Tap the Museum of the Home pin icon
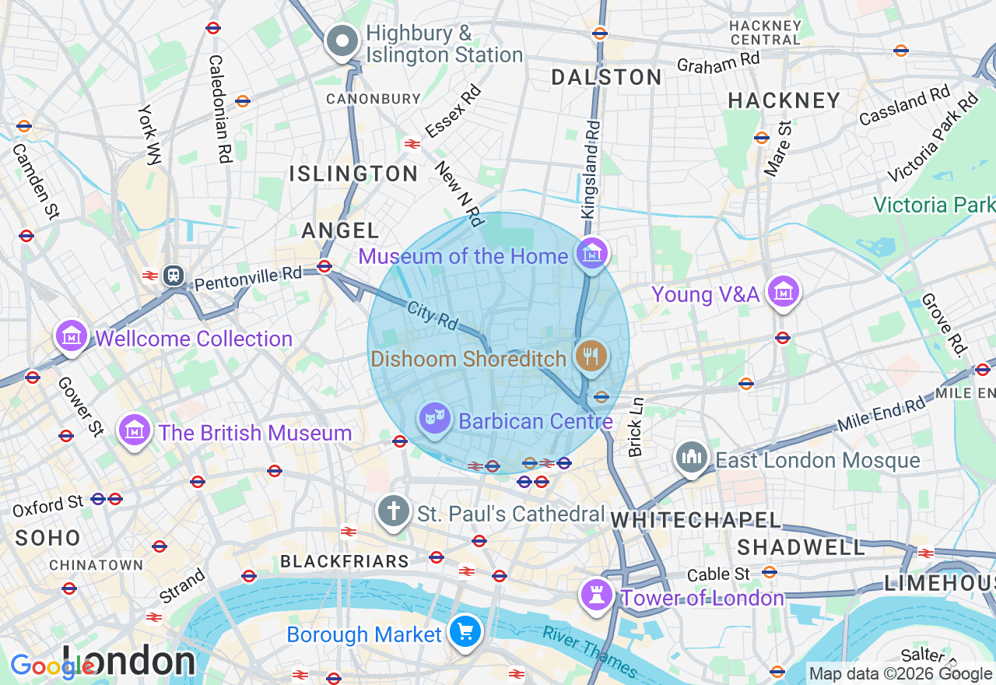click(x=592, y=254)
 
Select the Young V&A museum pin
click(x=783, y=293)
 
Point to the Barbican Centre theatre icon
click(x=434, y=420)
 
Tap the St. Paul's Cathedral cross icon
click(x=394, y=512)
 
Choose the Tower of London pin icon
click(x=597, y=595)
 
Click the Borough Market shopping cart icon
click(x=465, y=632)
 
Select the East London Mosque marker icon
click(x=691, y=458)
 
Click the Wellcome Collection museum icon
click(x=71, y=337)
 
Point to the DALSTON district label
click(x=607, y=77)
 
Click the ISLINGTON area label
click(x=354, y=174)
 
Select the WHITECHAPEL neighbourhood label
click(x=696, y=520)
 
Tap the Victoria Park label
click(x=933, y=205)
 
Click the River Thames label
click(x=590, y=652)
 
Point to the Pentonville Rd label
click(x=247, y=278)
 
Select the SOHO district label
click(x=47, y=538)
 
